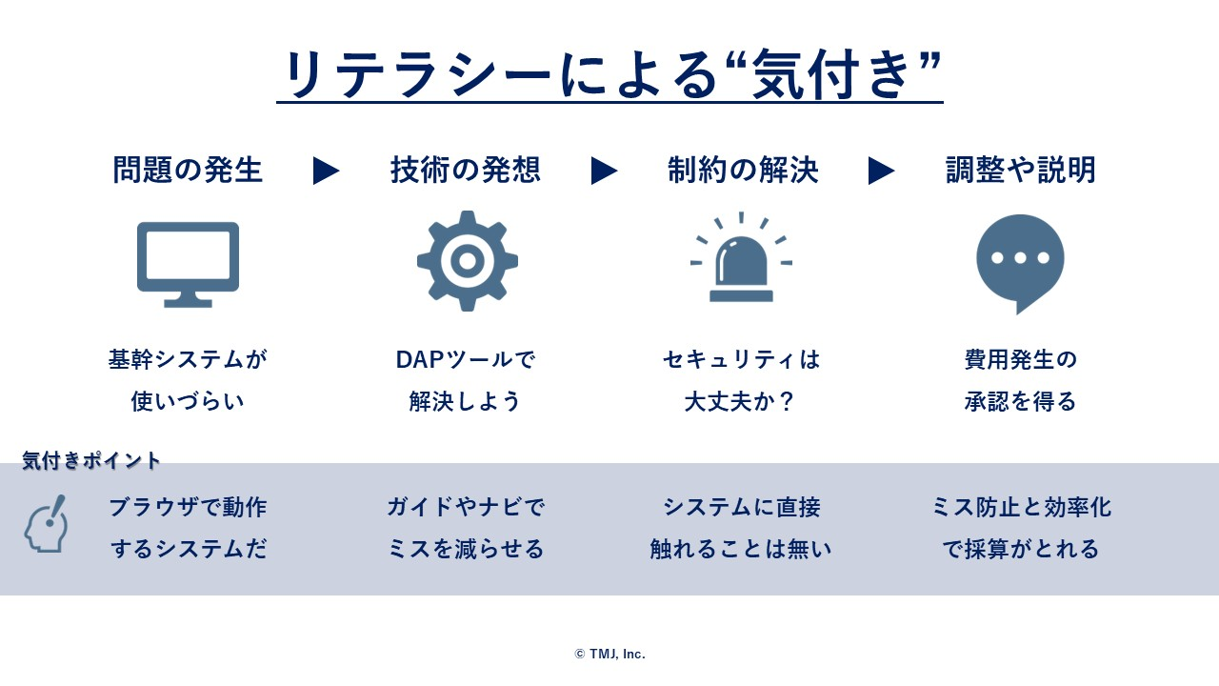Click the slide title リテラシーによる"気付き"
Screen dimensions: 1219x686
[610, 74]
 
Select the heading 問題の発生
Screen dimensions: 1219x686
[188, 170]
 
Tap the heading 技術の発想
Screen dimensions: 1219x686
[466, 170]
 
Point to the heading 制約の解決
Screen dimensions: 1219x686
[743, 170]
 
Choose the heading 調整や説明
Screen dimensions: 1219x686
[1020, 170]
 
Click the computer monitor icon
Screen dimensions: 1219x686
[188, 265]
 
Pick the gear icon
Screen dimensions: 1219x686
[468, 261]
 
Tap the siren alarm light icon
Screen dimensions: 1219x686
[741, 257]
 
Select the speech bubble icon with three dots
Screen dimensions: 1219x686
[1020, 264]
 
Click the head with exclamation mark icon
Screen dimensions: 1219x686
[46, 524]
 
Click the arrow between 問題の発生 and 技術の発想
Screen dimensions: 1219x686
[326, 171]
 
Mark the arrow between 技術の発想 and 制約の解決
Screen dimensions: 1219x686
[604, 171]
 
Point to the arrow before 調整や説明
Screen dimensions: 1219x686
[881, 171]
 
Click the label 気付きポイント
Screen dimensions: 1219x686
[90, 460]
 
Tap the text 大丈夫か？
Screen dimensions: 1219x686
[740, 402]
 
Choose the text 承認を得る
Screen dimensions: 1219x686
[1020, 402]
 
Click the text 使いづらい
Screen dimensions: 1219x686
[188, 402]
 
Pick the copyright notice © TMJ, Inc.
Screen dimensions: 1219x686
[610, 654]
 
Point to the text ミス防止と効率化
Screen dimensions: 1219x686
[1021, 507]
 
